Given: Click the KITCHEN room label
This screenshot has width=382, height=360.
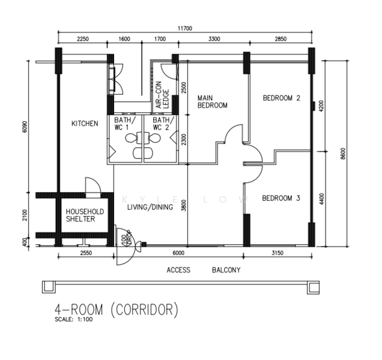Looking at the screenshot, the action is (85, 124).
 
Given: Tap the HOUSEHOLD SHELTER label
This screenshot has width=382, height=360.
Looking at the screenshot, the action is (85, 215).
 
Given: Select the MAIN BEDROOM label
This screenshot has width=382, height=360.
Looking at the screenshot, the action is (213, 101).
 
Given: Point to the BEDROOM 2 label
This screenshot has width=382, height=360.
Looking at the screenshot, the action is (281, 98).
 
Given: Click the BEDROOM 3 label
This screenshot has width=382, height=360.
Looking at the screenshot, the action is (281, 198).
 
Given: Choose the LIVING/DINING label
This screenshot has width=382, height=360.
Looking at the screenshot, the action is (150, 207).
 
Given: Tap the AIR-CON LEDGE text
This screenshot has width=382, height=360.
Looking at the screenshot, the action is (162, 95).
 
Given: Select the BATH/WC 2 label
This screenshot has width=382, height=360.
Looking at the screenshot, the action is (163, 124).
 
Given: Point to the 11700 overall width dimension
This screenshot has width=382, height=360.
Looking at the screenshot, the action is (184, 28).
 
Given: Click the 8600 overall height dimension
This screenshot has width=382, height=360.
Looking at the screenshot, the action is (343, 154).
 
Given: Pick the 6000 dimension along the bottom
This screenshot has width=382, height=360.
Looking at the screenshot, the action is (178, 253).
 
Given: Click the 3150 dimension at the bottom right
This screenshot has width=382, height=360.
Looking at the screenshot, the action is (277, 253).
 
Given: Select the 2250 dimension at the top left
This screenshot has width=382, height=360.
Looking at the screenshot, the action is (83, 39).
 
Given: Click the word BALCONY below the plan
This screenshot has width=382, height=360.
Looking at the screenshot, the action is (226, 270).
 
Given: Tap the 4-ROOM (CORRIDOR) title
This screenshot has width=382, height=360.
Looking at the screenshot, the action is (117, 310).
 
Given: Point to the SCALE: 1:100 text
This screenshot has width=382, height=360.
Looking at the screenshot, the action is (74, 319).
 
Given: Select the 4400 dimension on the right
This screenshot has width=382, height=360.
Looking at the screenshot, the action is (322, 199).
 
